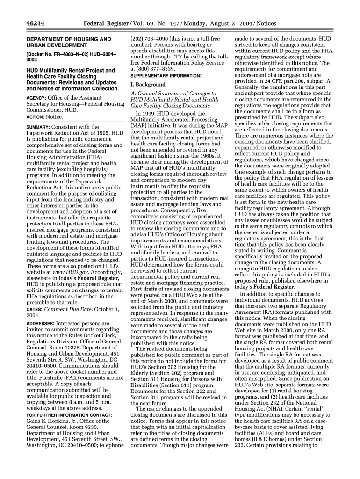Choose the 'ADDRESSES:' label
40,311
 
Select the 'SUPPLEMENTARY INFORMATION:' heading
166,75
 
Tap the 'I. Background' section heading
147,85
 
